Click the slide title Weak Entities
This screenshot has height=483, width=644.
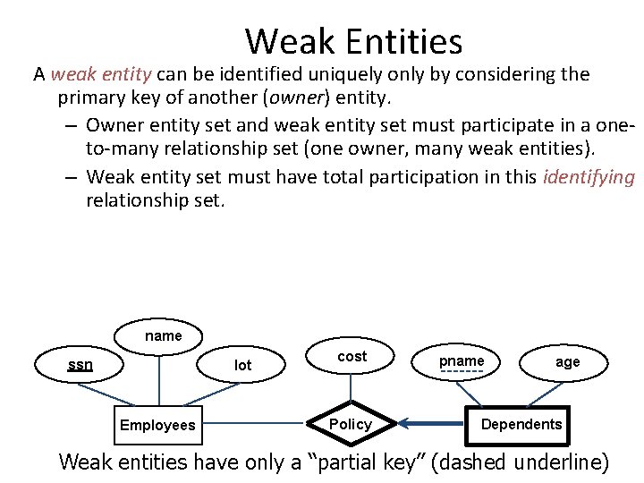[353, 41]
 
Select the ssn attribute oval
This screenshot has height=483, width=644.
[80, 364]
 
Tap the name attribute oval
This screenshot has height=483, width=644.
[163, 336]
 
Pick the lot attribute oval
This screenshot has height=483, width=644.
[242, 364]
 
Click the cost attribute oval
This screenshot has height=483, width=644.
[352, 356]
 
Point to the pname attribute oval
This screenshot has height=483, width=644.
[462, 361]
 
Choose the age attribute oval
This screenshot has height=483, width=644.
[567, 361]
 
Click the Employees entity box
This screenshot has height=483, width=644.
[157, 424]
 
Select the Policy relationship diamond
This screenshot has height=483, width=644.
[351, 424]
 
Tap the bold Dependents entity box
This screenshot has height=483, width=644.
[521, 424]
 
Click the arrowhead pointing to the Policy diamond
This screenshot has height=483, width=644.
[404, 424]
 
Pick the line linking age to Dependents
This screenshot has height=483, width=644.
[545, 394]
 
